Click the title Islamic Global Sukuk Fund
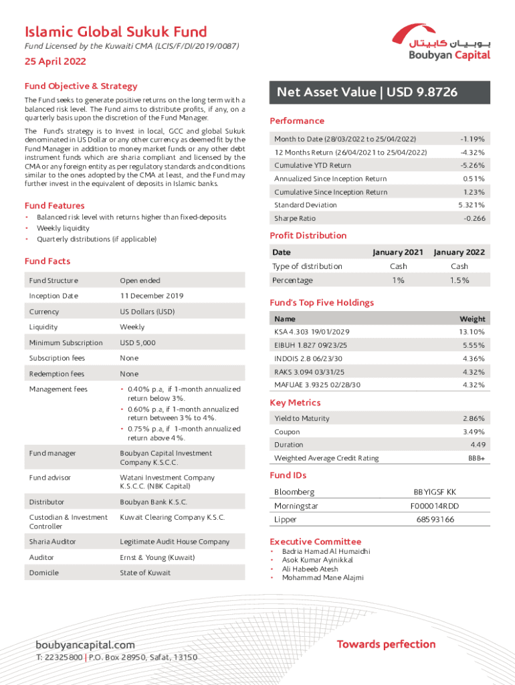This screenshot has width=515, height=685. [x=116, y=31]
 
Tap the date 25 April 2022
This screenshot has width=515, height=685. [x=56, y=62]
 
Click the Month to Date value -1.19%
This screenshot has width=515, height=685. [x=472, y=139]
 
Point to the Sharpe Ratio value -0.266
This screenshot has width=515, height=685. [x=474, y=219]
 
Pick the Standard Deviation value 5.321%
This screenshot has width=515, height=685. [x=471, y=205]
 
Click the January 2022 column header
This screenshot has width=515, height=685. [x=459, y=252]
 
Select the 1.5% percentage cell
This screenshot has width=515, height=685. [x=459, y=280]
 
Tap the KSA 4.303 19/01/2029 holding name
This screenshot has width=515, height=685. [x=312, y=332]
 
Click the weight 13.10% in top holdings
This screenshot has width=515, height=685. [x=472, y=332]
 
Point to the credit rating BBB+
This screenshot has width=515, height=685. [x=476, y=458]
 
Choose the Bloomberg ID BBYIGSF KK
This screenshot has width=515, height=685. [x=435, y=492]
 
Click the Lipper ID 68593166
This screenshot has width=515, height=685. [x=435, y=520]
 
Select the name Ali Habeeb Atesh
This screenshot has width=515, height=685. [x=310, y=569]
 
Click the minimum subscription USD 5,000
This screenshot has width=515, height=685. [x=138, y=342]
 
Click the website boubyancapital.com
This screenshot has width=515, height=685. [x=85, y=645]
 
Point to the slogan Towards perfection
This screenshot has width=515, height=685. [x=386, y=644]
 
